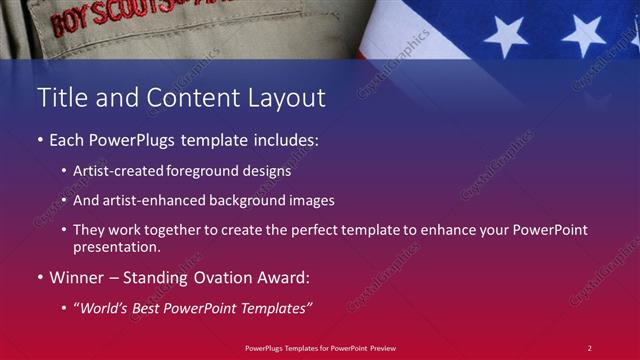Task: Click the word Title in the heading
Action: [61, 98]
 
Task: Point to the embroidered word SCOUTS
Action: [129, 13]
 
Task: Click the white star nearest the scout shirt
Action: [505, 36]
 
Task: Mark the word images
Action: [303, 200]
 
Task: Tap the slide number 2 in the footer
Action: [589, 347]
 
